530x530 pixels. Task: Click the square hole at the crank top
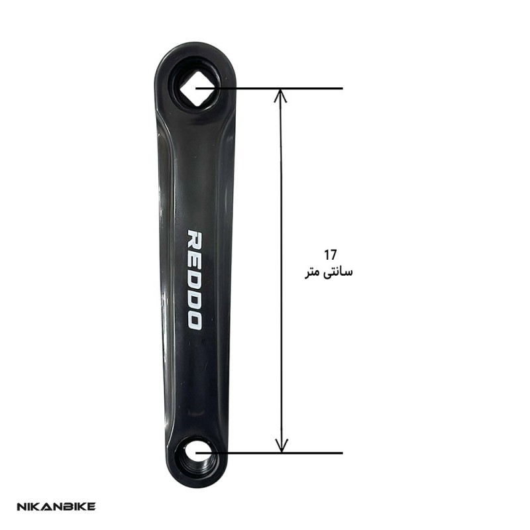pyautogui.click(x=195, y=89)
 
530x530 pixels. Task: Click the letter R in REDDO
pyautogui.click(x=195, y=240)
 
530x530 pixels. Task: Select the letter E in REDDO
pyautogui.click(x=195, y=259)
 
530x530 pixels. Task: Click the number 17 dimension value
pyautogui.click(x=330, y=255)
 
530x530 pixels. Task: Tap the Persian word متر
pyautogui.click(x=312, y=273)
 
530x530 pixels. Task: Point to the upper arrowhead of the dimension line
pyautogui.click(x=280, y=95)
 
